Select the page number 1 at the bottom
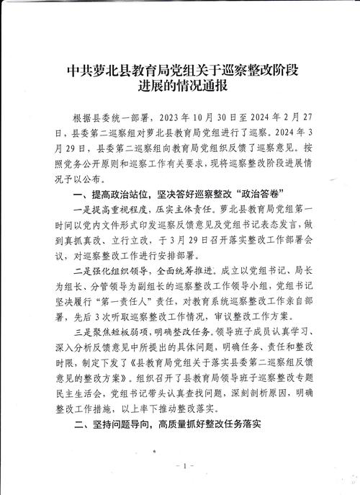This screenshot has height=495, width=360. (x=184, y=468)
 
